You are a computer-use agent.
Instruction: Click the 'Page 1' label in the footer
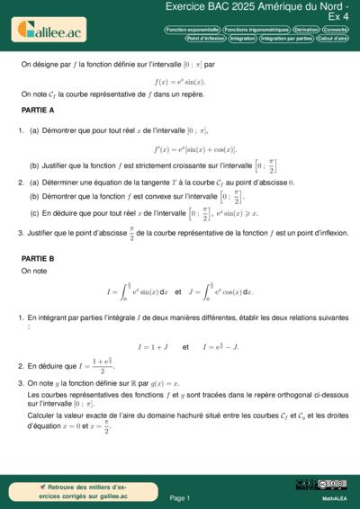coord(179,497)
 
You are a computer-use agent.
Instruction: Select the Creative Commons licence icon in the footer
coord(321,485)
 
